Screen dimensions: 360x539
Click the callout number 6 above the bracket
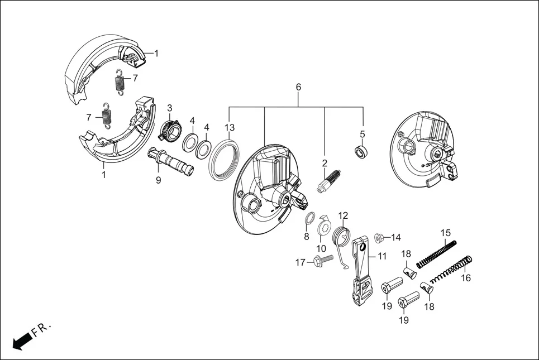tap(298, 88)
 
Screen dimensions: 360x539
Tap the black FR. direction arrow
tap(21, 340)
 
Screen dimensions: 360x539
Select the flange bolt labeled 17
tap(325, 260)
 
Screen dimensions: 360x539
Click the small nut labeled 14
tap(378, 238)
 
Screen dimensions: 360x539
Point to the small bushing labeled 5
tap(361, 151)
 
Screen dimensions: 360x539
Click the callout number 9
tap(158, 180)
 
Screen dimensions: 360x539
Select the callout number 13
tap(230, 127)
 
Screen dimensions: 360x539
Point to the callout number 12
tap(343, 215)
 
